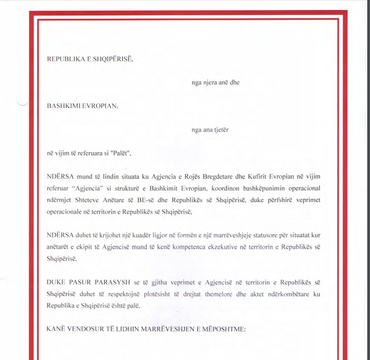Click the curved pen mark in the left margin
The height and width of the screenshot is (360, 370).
22,103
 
